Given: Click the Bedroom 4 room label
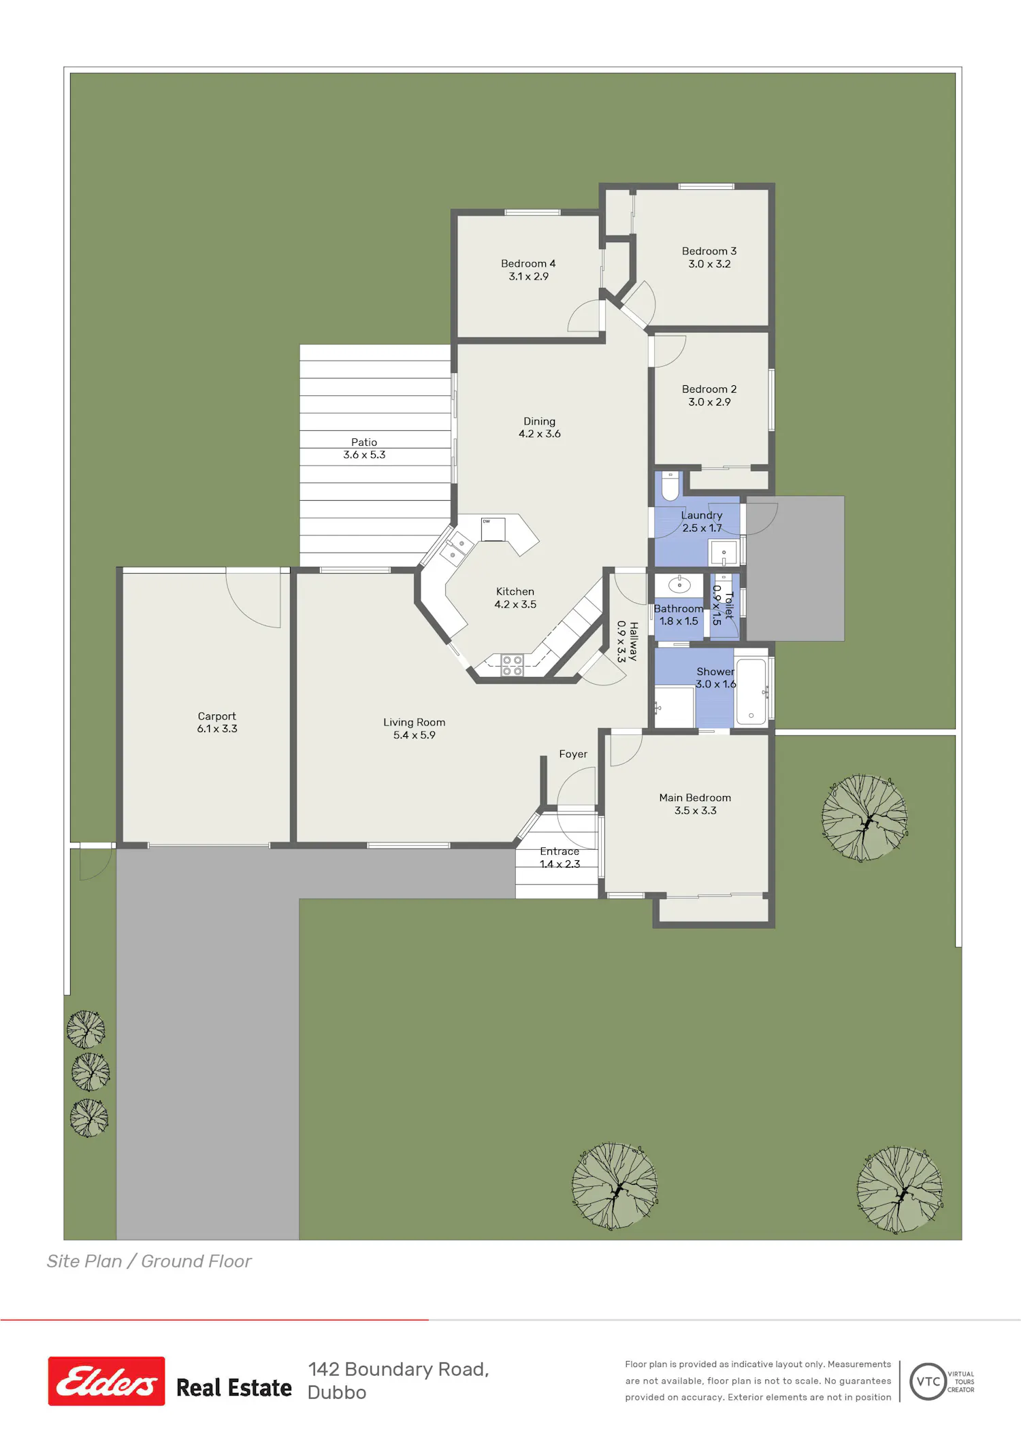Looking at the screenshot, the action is (528, 263).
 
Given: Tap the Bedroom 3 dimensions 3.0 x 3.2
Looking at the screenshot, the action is (709, 264).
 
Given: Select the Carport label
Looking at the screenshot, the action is (216, 717).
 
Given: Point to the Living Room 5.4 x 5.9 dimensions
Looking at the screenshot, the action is (414, 735).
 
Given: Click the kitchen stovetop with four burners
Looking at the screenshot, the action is (513, 666).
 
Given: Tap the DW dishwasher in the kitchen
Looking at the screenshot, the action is (493, 529).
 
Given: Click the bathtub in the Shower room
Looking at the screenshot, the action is (751, 691).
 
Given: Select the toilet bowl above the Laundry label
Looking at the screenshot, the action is (670, 486).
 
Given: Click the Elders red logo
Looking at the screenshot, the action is (106, 1381).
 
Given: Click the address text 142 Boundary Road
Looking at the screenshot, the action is (398, 1369).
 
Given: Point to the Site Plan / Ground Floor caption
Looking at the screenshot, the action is (149, 1261).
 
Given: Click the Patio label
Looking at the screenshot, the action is (364, 442).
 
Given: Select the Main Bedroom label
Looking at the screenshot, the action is (695, 798).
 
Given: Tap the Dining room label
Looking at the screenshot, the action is (539, 421).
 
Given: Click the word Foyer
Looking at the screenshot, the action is (573, 754).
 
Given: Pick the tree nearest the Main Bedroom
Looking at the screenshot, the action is (864, 817).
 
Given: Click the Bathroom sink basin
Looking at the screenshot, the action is (679, 585).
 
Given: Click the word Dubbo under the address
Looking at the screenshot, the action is (337, 1393).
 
